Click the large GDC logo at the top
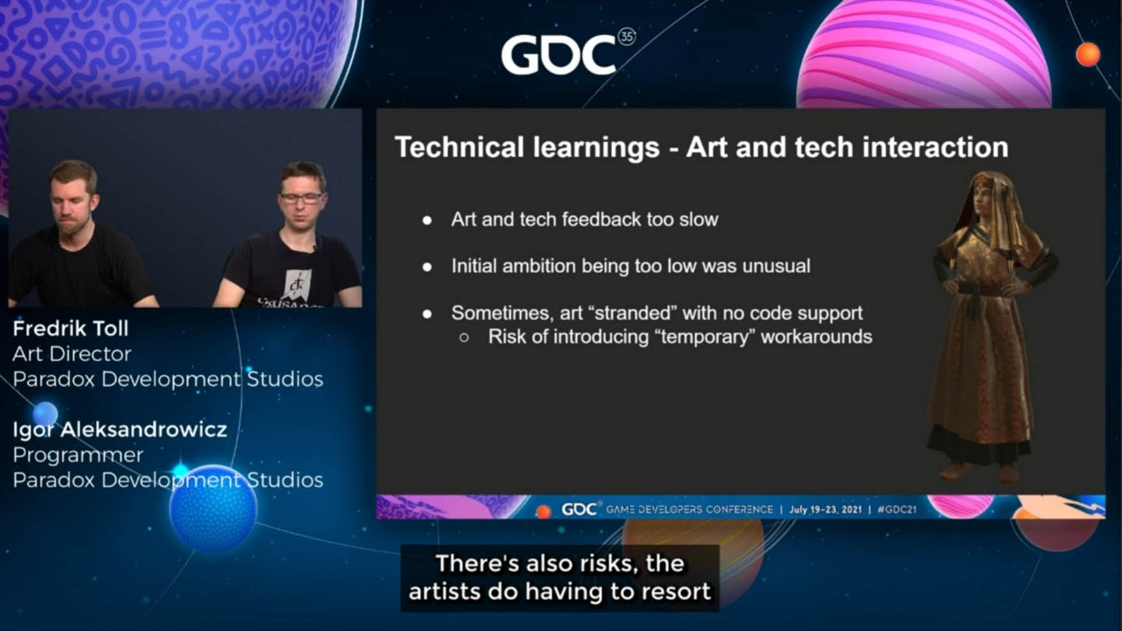tap(559, 54)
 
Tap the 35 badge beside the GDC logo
tap(627, 37)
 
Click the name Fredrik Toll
tap(70, 328)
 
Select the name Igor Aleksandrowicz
tap(120, 429)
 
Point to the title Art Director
tap(72, 353)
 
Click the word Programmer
tap(77, 454)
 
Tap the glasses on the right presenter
tap(301, 198)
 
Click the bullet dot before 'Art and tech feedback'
tap(427, 220)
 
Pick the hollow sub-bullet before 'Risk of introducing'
tap(464, 337)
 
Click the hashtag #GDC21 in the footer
tap(897, 509)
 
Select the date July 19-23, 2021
tap(825, 509)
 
